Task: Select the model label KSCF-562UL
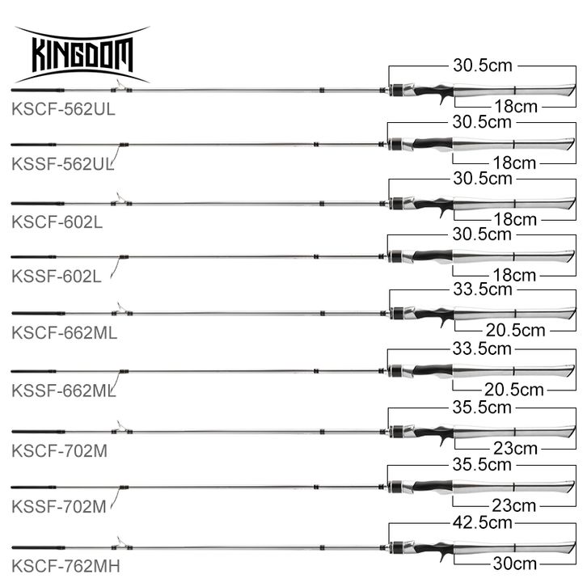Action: pyautogui.click(x=64, y=110)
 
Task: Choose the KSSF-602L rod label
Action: pyautogui.click(x=57, y=276)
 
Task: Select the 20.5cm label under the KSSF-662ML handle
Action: pyautogui.click(x=514, y=390)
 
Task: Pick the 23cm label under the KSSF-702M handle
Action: pyautogui.click(x=514, y=506)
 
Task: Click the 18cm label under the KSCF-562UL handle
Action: pyautogui.click(x=514, y=105)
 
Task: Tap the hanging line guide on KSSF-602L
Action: pyautogui.click(x=116, y=267)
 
